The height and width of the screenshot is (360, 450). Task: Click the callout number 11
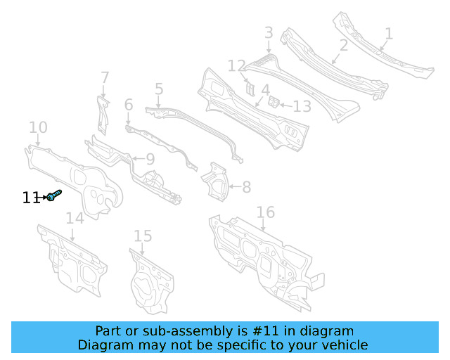(x=30, y=198)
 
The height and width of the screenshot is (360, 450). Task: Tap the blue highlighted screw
(x=54, y=196)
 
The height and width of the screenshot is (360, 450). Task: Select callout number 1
(x=389, y=34)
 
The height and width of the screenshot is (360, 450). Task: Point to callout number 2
(x=344, y=46)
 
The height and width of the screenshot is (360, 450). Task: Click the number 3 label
(x=269, y=32)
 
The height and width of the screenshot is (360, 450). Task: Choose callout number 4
(x=265, y=91)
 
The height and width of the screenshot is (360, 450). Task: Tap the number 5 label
(x=159, y=89)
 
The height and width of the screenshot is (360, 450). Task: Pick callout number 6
(x=128, y=105)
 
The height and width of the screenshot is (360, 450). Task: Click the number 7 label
(x=105, y=77)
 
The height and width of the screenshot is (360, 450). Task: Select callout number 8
(x=246, y=187)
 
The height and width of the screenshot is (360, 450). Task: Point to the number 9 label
(x=149, y=160)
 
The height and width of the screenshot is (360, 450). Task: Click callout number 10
(x=38, y=128)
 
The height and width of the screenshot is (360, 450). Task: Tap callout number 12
(x=236, y=66)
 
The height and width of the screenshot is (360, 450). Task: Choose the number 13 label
(x=302, y=106)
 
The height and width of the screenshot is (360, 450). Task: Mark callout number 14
(x=75, y=219)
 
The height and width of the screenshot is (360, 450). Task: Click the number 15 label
(x=143, y=236)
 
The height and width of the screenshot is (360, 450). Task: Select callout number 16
(x=265, y=212)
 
